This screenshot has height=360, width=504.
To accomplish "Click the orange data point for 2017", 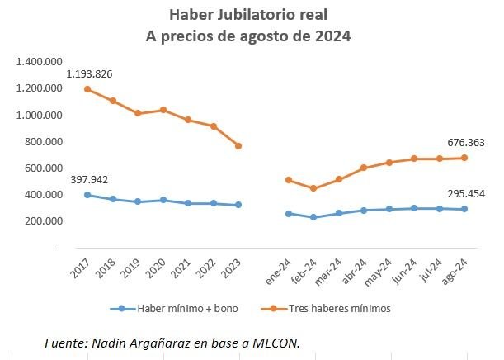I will coord(87,89).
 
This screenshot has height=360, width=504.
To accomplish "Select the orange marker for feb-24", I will coord(313,188).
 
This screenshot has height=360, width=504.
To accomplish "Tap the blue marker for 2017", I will coord(87,195).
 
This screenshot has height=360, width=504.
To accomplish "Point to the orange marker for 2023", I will coord(238,146).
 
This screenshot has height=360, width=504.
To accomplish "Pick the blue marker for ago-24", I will coord(464,209).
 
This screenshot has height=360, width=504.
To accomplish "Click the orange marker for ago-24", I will coord(464,158).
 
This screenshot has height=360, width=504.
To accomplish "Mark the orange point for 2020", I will coord(163,110).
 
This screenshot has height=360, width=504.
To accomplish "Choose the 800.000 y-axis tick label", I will coord(45,141).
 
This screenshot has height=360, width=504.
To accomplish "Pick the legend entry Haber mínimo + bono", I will coord(170,309).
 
